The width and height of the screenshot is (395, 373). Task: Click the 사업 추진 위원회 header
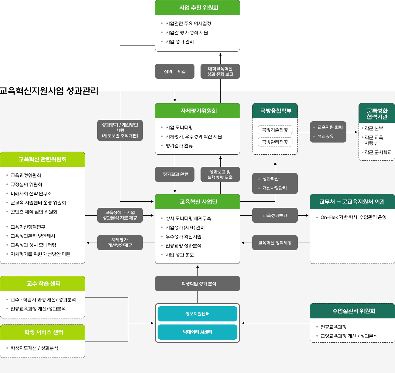197,8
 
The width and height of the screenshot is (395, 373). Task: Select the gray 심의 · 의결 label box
175,71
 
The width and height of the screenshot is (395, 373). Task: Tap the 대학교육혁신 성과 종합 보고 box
220,71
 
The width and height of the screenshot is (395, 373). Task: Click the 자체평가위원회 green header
197,111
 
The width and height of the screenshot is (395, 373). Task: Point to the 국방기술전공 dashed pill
275,130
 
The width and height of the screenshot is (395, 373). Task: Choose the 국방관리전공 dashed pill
275,142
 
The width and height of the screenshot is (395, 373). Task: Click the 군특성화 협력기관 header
377,113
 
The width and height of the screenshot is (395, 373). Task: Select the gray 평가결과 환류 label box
175,174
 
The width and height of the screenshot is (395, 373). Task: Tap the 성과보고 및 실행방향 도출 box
220,174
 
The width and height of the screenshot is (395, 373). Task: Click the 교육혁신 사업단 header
197,202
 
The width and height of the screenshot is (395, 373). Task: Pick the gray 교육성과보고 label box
275,215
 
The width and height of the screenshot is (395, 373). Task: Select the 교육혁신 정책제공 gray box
275,243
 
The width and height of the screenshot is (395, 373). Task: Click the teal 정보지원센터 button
197,314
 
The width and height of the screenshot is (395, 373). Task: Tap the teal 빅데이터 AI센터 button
197,332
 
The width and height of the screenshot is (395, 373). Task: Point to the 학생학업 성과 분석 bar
197,284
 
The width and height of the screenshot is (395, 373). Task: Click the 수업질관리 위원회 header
352,311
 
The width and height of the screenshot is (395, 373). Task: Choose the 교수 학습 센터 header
43,284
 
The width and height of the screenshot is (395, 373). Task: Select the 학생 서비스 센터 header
43,332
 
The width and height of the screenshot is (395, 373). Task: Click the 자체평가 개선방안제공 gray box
120,243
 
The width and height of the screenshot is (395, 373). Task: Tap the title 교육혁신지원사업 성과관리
49,91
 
